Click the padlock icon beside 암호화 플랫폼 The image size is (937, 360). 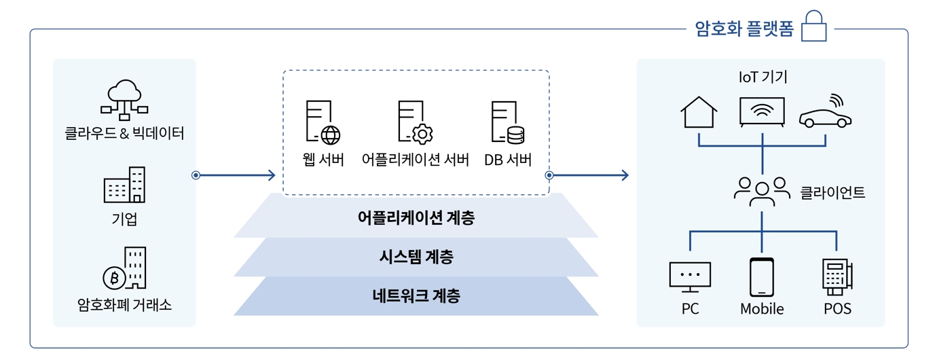tap(813, 26)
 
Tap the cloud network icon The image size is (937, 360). tap(124, 100)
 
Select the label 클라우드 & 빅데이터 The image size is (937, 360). tap(124, 133)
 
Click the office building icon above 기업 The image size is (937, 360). tap(124, 185)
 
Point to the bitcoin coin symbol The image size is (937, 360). tap(114, 278)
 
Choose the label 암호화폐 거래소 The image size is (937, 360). tap(124, 305)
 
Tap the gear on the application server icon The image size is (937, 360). tap(422, 134)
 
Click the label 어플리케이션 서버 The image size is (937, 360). tap(416, 160)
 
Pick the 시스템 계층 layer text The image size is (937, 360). tap(416, 257)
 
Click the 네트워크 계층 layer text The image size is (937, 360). tap(416, 295)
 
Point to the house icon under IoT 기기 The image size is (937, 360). tap(699, 112)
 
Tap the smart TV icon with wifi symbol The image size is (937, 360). tap(762, 112)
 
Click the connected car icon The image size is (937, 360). tap(825, 112)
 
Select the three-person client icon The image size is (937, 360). tap(762, 192)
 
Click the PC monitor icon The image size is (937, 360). tap(690, 277)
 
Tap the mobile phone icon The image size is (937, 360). tap(762, 277)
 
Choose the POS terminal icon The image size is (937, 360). tap(837, 277)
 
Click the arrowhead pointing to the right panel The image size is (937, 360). tap(625, 175)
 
